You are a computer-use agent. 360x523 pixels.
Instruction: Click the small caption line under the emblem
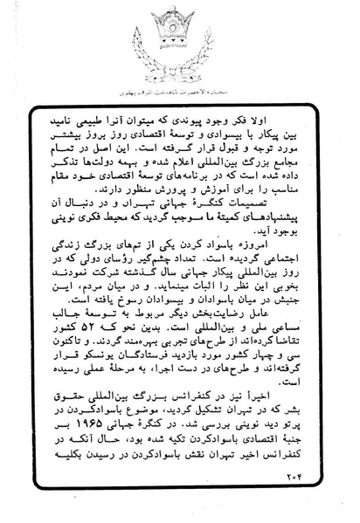point(180,90)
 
